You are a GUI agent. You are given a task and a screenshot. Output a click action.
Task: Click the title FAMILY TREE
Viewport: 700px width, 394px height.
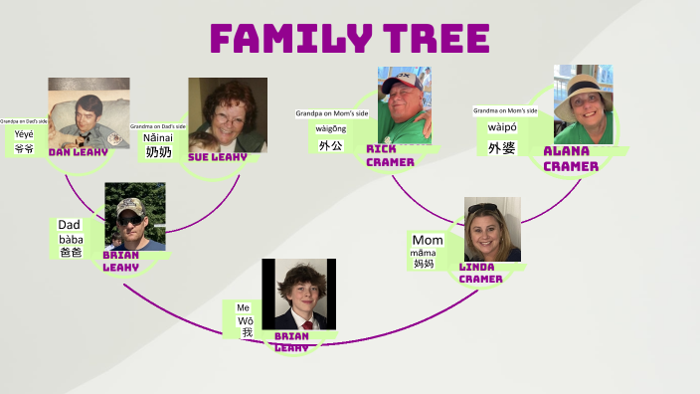pos(349,39)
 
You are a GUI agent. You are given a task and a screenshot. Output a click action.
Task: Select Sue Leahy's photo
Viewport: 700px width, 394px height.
pos(228,114)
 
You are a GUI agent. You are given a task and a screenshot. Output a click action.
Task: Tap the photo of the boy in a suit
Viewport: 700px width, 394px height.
pos(295,294)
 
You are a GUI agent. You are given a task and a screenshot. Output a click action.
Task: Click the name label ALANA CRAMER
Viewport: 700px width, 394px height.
pos(571,158)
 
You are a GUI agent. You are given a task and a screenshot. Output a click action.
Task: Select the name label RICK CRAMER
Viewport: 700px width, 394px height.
pos(390,155)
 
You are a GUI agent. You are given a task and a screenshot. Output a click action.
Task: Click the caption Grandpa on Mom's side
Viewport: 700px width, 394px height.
pos(332,113)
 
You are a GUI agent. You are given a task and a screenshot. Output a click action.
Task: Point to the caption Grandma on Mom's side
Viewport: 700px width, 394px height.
pos(505,110)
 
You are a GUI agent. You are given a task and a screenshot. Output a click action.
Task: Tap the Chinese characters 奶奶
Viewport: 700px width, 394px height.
pos(158,152)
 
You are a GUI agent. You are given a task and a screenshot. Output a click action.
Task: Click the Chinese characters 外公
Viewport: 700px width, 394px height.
pos(330,145)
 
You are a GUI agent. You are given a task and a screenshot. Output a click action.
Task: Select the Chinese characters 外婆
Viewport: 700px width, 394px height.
pos(501,148)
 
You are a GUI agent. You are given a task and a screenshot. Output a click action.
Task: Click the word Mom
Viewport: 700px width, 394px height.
pos(428,241)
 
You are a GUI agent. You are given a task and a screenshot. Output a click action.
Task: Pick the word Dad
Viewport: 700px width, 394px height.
pos(70,225)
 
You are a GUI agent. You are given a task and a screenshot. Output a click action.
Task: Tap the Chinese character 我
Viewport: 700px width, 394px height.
pos(247,333)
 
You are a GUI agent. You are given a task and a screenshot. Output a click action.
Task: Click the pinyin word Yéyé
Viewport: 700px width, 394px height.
pos(24,133)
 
